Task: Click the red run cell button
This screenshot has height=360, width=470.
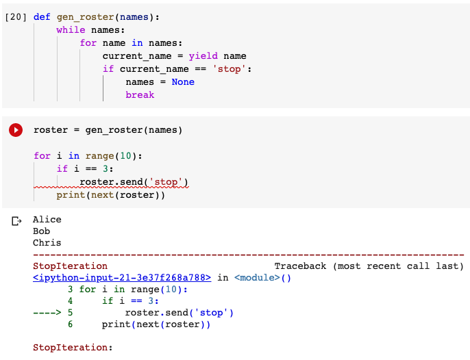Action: (x=16, y=129)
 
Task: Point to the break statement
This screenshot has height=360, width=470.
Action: (x=140, y=95)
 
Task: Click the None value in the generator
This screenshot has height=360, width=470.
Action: (x=183, y=82)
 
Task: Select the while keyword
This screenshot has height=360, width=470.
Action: (x=71, y=30)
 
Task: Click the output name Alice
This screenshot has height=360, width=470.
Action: (x=47, y=220)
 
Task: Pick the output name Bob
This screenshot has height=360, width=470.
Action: (x=41, y=231)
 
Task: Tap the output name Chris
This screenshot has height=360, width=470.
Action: (x=47, y=243)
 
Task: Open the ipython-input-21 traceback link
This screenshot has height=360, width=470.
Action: (x=123, y=278)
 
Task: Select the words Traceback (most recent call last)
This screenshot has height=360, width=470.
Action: (x=369, y=266)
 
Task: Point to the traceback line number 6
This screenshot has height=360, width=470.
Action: (x=71, y=324)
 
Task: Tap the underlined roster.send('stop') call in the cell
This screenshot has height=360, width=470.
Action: (x=134, y=182)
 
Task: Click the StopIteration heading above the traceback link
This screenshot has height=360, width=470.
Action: (x=70, y=266)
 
